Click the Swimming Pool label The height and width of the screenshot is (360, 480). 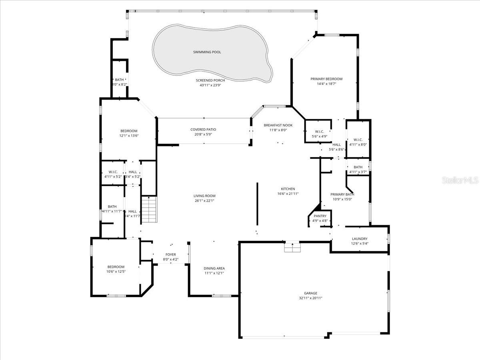(x=207, y=52)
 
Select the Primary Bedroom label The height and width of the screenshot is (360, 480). (x=326, y=79)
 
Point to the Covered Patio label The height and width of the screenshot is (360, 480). (x=203, y=129)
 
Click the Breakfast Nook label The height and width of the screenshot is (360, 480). (x=278, y=125)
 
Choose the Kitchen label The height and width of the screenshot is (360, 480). (x=288, y=189)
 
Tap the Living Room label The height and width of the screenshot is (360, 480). (x=204, y=196)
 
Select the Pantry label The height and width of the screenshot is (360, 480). (x=320, y=216)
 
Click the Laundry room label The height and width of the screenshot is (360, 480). (x=360, y=239)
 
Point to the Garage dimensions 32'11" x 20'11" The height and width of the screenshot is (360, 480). (x=310, y=298)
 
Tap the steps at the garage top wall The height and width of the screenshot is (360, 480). (x=292, y=247)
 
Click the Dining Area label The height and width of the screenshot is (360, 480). (x=214, y=268)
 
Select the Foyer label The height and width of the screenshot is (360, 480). (x=171, y=254)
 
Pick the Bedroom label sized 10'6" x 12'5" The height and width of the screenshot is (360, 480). (x=116, y=267)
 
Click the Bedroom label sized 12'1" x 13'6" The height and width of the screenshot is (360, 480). (x=129, y=131)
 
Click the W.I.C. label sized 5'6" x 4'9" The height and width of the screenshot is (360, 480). (x=319, y=131)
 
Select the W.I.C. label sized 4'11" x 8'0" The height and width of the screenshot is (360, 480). (x=358, y=140)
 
